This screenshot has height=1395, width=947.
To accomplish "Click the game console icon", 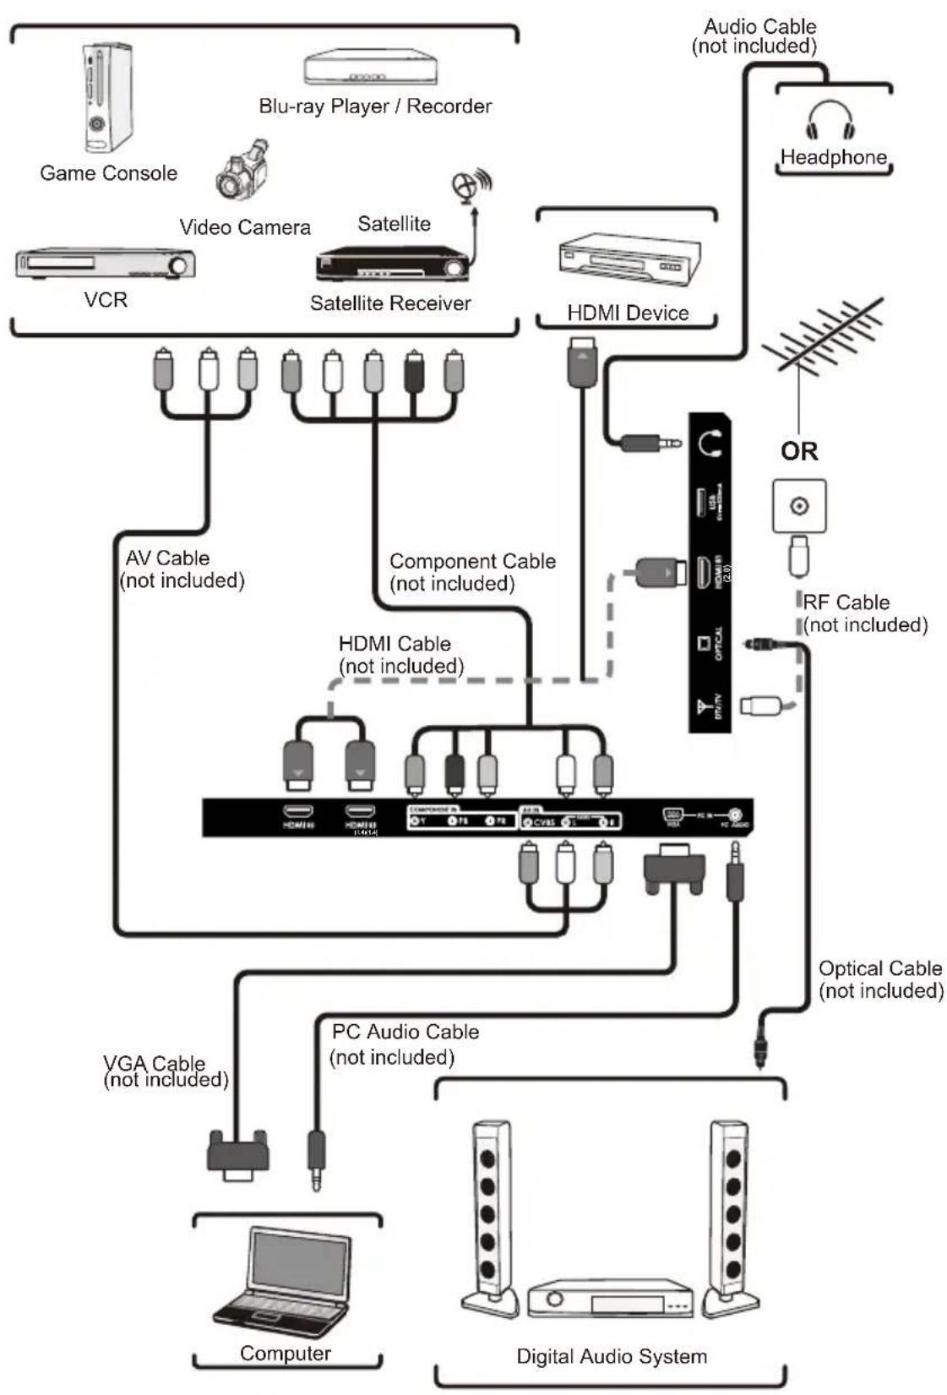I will click(107, 98).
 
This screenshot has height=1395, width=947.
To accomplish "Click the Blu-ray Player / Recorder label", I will click(374, 106).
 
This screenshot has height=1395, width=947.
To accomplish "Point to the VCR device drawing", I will click(106, 264).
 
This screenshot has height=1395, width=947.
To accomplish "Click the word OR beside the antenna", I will click(799, 451).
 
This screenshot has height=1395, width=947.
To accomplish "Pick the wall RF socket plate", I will click(799, 506).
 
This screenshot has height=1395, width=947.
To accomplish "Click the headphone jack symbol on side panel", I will click(710, 441).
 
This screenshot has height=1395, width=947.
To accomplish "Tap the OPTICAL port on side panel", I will click(705, 644).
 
